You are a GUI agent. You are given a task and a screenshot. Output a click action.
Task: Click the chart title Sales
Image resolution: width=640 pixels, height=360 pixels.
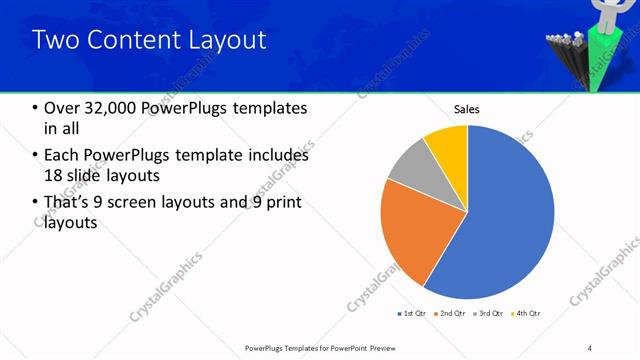(x=467, y=109)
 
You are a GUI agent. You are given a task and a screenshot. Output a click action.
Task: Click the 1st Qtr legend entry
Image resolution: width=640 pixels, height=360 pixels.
(x=414, y=314)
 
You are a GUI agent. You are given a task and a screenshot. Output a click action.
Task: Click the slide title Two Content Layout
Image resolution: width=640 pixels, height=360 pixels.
(x=149, y=40)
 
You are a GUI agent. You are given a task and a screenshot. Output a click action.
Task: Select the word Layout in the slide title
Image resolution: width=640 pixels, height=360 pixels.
(x=224, y=40)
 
